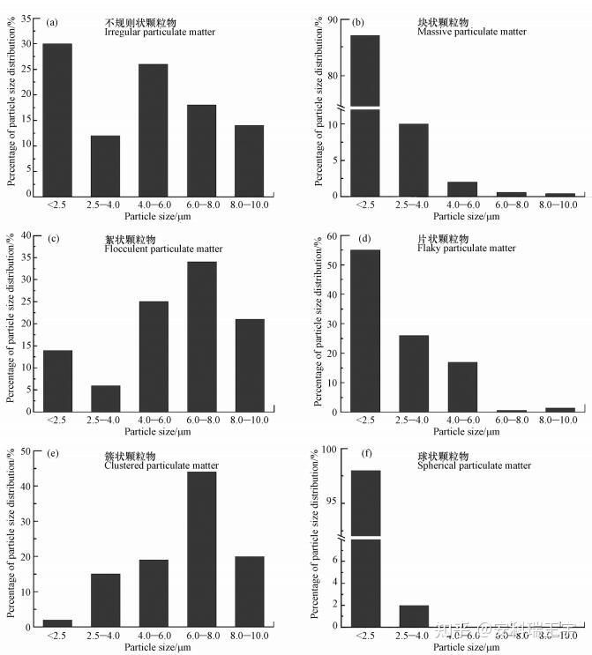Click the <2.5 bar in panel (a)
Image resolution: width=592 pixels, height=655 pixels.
click(x=57, y=119)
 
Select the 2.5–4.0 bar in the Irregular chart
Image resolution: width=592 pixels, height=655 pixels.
click(x=105, y=165)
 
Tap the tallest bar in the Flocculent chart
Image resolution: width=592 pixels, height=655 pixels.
click(x=200, y=336)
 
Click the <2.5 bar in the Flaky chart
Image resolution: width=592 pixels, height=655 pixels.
click(x=365, y=331)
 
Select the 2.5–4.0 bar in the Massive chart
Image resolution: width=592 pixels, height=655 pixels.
click(x=413, y=159)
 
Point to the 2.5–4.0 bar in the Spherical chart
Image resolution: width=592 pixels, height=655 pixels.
click(x=413, y=615)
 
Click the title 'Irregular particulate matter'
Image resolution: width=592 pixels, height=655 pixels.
click(x=160, y=32)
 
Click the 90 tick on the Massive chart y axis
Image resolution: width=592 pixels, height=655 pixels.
click(x=332, y=19)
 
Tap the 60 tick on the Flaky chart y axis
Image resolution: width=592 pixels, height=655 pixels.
click(x=332, y=236)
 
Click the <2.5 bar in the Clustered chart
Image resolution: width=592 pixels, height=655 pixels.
click(x=57, y=622)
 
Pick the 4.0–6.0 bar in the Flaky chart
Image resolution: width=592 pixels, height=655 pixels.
click(x=461, y=386)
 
